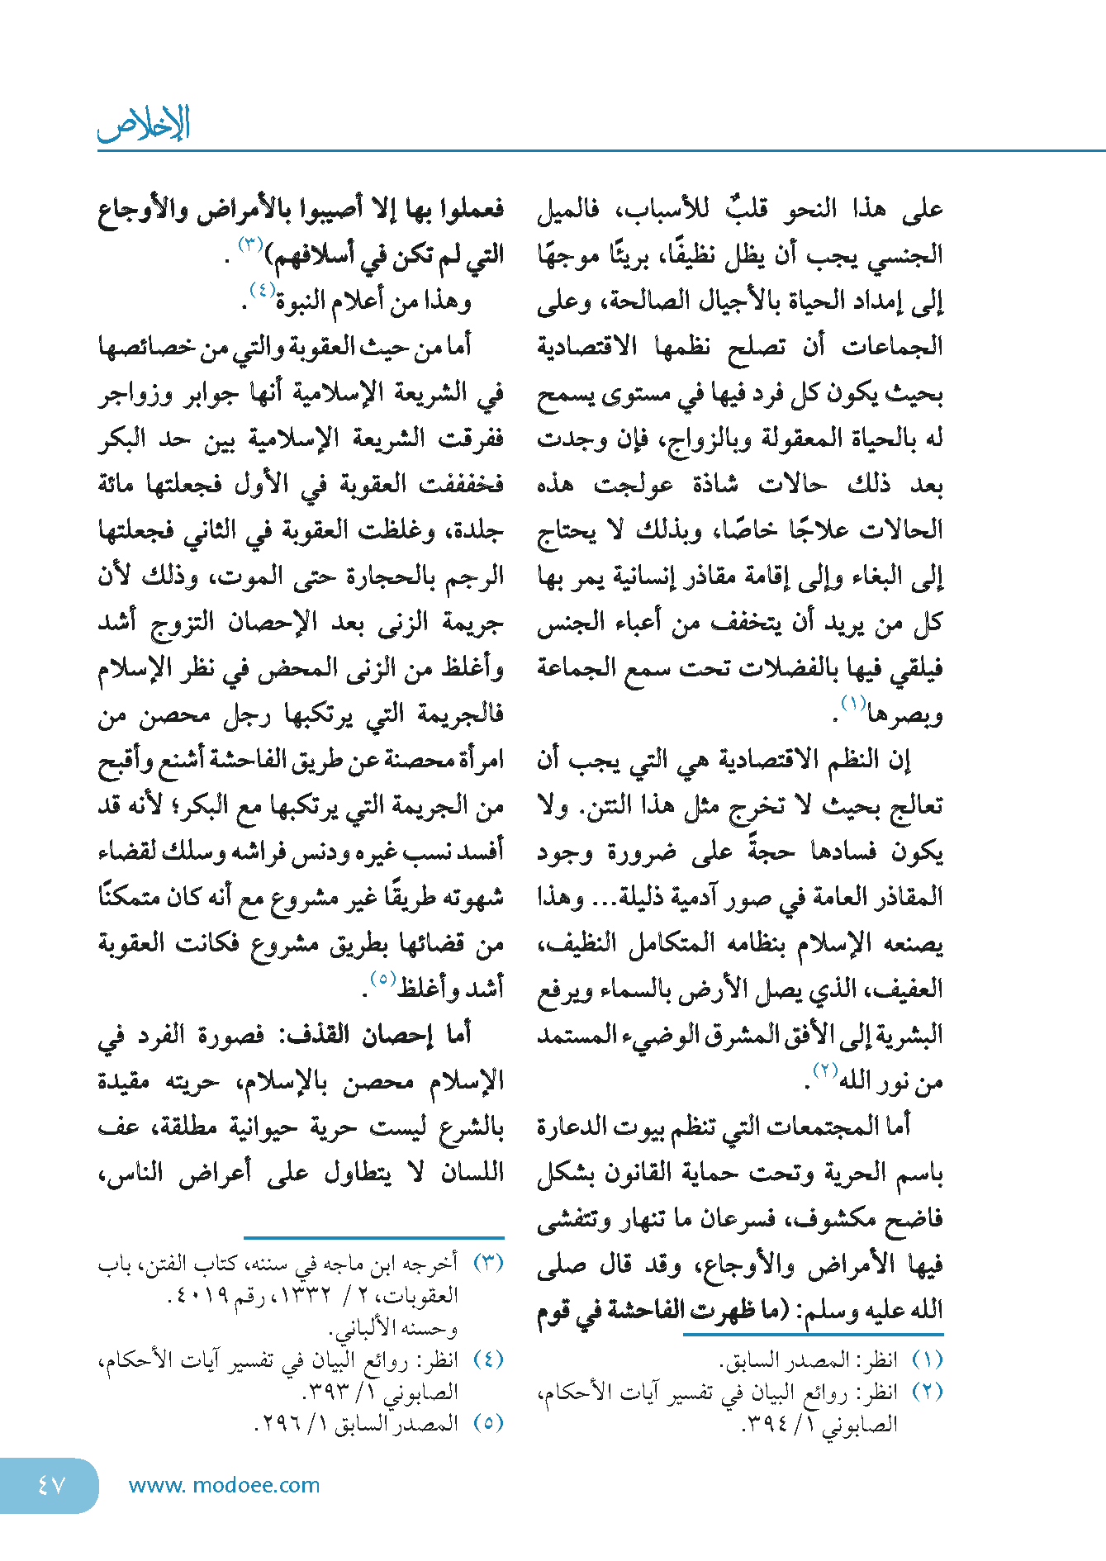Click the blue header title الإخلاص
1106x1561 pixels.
coord(144,125)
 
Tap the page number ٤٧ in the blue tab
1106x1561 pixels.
coord(50,1485)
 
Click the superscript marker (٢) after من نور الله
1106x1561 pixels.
coord(826,1071)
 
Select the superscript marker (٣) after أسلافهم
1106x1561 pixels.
coord(250,244)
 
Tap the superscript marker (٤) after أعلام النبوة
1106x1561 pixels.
coord(262,290)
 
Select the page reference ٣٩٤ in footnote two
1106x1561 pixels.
coord(771,1424)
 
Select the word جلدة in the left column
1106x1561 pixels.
coord(475,530)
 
